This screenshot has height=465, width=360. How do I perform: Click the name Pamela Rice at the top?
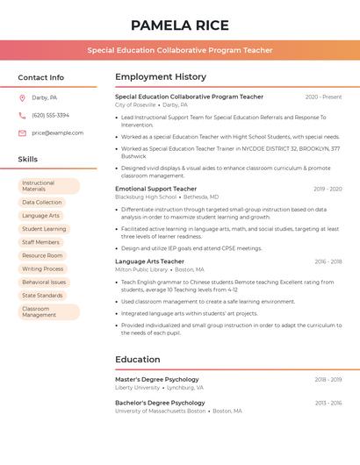[x=179, y=25]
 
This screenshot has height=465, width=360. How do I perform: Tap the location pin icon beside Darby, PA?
[x=22, y=98]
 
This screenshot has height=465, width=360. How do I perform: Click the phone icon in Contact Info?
[x=22, y=115]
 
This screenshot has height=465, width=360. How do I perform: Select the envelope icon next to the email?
[x=22, y=132]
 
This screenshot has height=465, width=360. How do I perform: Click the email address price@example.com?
[x=57, y=132]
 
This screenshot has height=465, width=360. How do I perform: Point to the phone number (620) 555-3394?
[x=50, y=115]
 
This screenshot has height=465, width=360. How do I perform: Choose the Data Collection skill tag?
[x=42, y=203]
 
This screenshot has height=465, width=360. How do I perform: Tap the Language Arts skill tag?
[x=40, y=216]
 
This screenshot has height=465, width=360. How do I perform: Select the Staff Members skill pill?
[x=40, y=242]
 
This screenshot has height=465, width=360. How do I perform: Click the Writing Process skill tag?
[x=43, y=269]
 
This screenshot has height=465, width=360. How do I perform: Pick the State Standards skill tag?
[x=42, y=296]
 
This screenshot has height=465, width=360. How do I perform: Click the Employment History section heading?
[x=160, y=77]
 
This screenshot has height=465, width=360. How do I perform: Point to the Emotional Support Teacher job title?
[x=155, y=189]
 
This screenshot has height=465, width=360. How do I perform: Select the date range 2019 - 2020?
[x=327, y=189]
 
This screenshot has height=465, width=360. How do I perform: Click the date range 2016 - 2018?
[x=327, y=261]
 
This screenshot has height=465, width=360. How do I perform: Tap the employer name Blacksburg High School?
[x=145, y=197]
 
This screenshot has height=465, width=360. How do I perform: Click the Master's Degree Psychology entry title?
[x=156, y=379]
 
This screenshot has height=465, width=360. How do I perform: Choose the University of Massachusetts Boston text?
[x=160, y=411]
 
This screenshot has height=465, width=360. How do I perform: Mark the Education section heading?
[x=137, y=359]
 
